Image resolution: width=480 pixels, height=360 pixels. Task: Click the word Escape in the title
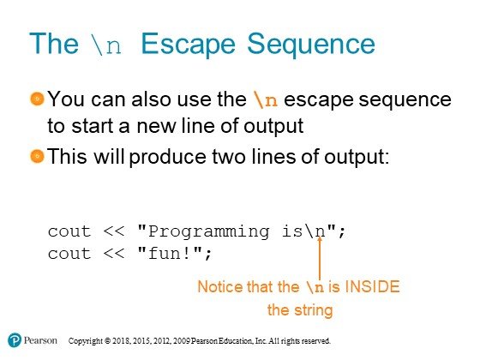[x=188, y=45]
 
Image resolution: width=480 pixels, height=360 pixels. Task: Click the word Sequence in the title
[x=310, y=45]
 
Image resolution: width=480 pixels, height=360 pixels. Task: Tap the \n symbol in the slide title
[x=106, y=45]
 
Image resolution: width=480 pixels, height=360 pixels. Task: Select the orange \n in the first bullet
[x=266, y=99]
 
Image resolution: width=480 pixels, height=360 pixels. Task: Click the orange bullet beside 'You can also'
[x=38, y=99]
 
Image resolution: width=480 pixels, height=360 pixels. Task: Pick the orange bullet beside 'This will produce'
[x=38, y=156]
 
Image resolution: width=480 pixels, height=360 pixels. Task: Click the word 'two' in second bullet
[x=229, y=156]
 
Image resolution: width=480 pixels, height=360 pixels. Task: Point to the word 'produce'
[x=168, y=158]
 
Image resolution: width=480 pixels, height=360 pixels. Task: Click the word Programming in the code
[x=209, y=232]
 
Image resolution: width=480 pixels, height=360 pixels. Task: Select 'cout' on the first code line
[x=69, y=231]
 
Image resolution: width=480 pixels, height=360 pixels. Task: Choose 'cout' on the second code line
[x=69, y=254]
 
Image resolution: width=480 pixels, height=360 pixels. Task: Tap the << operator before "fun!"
[x=113, y=254]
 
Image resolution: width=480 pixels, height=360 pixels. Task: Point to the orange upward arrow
[x=319, y=258]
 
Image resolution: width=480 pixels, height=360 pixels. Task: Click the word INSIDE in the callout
[x=372, y=287]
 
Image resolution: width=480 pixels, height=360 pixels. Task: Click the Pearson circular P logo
[x=15, y=340]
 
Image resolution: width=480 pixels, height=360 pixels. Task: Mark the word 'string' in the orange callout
[x=314, y=310]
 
